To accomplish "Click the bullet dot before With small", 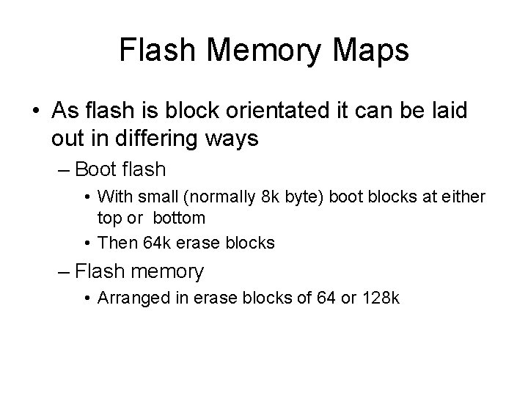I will pos(87,196).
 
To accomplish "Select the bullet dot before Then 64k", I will pos(87,243).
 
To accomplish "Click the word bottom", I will pos(179,218).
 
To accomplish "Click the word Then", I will pos(113,243).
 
